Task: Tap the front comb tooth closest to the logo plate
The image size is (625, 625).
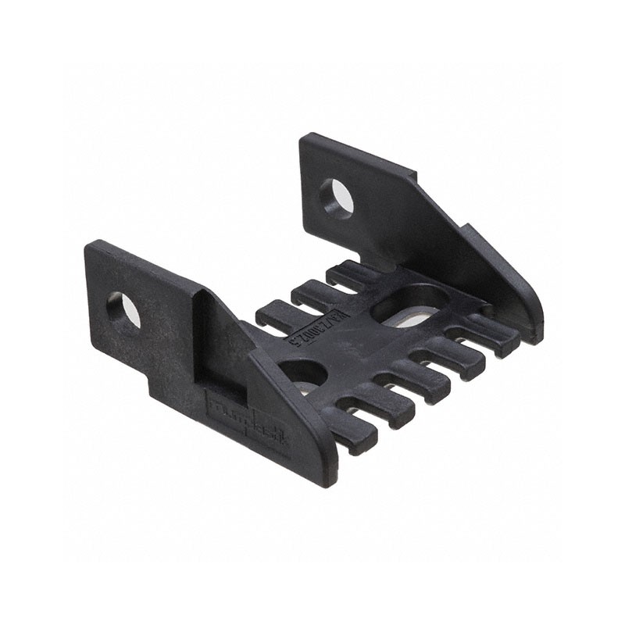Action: tap(348, 428)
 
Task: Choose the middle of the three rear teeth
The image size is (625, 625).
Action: tap(312, 294)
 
